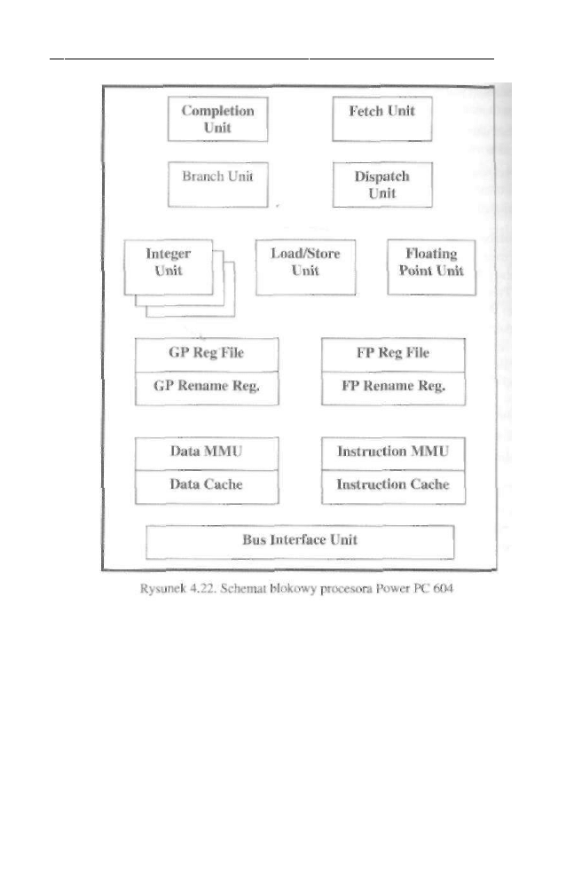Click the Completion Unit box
click(217, 119)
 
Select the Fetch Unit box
click(381, 119)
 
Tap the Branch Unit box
click(217, 184)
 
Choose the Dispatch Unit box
click(381, 184)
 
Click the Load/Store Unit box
click(305, 266)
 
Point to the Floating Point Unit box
click(431, 266)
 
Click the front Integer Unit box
click(169, 266)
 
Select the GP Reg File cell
click(206, 354)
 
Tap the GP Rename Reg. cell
click(206, 388)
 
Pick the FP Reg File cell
click(392, 354)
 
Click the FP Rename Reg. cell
click(392, 388)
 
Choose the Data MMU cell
click(206, 452)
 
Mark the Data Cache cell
click(206, 485)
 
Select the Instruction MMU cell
click(392, 452)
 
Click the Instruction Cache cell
click(392, 485)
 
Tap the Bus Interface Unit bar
click(300, 541)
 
